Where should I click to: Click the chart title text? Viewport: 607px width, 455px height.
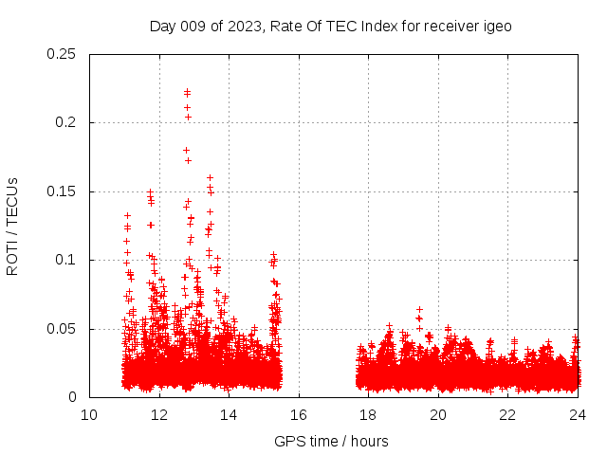(330, 27)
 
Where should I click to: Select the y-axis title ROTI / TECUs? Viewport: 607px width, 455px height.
(12, 226)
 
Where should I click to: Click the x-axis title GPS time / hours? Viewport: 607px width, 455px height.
(331, 441)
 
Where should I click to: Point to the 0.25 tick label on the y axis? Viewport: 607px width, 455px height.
(63, 54)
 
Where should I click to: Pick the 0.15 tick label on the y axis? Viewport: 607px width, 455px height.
(63, 191)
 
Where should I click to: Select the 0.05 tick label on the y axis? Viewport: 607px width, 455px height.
(63, 329)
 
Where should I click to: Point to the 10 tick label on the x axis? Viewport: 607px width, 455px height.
(89, 415)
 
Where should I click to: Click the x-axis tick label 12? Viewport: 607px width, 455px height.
(159, 415)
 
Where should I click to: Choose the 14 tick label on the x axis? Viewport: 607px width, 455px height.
(229, 415)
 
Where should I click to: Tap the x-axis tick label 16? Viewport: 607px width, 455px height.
(299, 415)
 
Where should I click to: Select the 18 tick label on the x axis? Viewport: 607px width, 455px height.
(368, 415)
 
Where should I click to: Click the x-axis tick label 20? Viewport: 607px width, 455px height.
(438, 415)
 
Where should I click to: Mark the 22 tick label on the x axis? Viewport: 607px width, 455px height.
(507, 415)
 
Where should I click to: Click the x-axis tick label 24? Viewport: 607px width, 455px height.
(577, 415)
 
